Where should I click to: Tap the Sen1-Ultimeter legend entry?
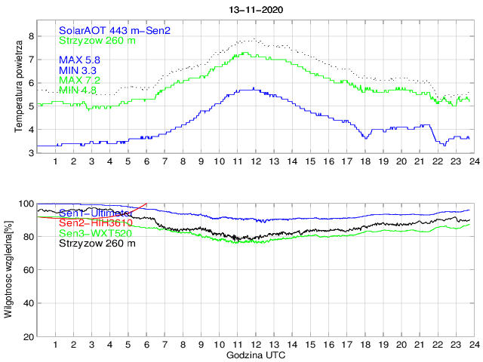(x=95, y=213)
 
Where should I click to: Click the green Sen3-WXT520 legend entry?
(x=94, y=233)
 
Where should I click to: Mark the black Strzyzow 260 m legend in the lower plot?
(x=94, y=243)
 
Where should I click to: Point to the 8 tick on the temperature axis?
(x=30, y=36)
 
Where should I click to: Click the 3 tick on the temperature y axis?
(x=30, y=153)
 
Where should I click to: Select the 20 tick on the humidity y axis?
(x=28, y=336)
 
